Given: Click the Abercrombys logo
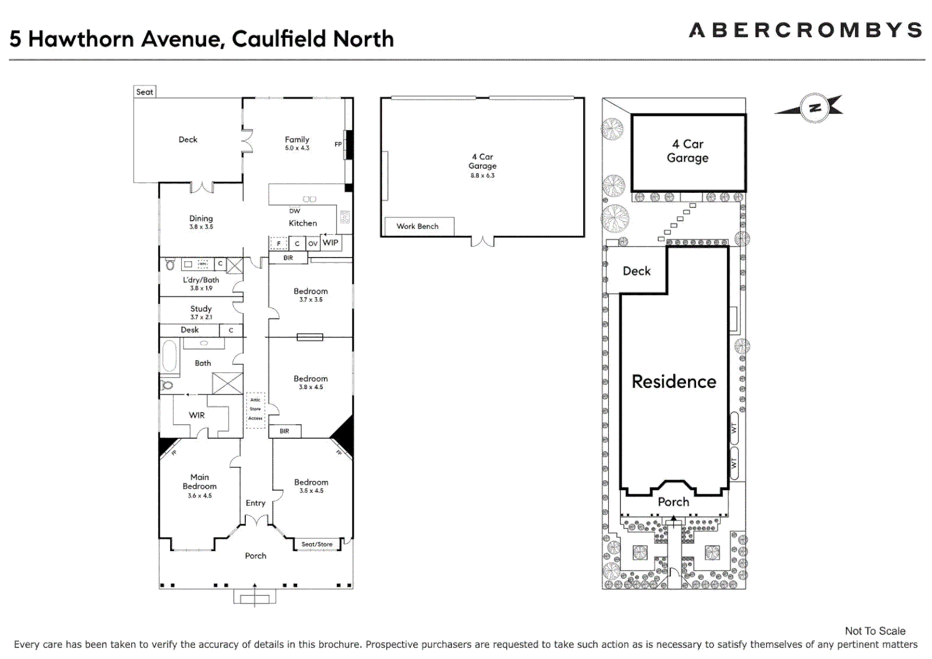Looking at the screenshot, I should pos(805,30).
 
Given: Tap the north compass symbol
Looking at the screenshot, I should pos(814,109).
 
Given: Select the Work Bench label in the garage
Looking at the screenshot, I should pos(417,226).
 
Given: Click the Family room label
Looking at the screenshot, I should pos(297,140).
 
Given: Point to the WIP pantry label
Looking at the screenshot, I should pos(331,243).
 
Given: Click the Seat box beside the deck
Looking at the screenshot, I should pos(145,92).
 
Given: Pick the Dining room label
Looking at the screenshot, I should pos(201,218).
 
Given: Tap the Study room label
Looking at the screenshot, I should pos(201,309).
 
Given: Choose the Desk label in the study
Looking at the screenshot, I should pos(190,330).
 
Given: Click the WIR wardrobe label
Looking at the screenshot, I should pos(196,416).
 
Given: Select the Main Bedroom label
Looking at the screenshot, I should pos(199,481).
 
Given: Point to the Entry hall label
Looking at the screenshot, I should pos(256,503).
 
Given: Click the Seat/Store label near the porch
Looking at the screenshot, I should pos(317,544).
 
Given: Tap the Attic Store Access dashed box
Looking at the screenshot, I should pos(256,409).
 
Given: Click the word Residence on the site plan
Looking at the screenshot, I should pos(674,382).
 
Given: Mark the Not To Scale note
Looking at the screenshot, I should pos(875,631).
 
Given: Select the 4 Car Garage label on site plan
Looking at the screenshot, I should pos(687,151).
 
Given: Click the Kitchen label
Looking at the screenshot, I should pos(303,223).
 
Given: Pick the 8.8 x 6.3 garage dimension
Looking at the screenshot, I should pos(482,176).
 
